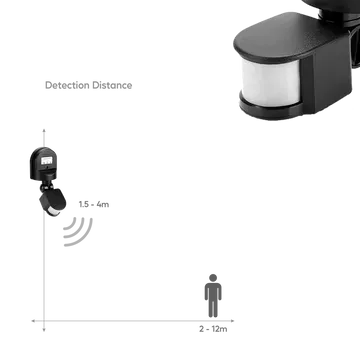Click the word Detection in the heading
pos(68,85)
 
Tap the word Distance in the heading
pos(112,85)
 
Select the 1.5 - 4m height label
pos(94,204)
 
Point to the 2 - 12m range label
pos(213,329)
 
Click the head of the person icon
pos(213,278)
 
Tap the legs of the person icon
pos(213,307)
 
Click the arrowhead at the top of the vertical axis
pos(44,130)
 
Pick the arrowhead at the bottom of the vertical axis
pos(44,330)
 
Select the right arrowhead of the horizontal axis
pos(232,321)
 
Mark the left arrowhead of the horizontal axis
pos(33,321)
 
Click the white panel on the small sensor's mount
pos(46,161)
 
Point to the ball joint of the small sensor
pos(45,187)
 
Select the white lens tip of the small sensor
pos(53,211)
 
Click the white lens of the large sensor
pos(271,82)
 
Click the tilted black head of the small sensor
pos(52,200)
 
